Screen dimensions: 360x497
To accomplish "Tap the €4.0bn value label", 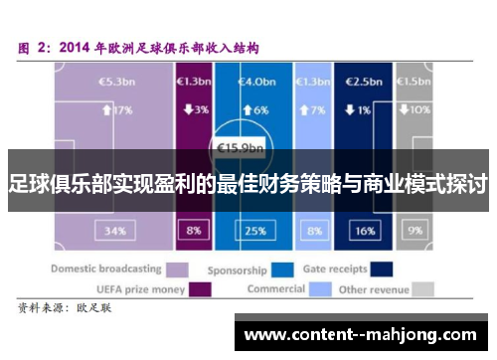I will tap(253, 81).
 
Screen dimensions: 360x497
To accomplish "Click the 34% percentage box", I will tap(115, 231).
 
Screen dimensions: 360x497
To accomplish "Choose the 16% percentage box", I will tap(365, 231).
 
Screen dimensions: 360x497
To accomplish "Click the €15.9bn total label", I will tap(242, 151).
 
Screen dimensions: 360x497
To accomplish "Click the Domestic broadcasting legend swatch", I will tap(177, 269).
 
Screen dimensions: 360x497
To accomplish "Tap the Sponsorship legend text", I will tap(237, 269).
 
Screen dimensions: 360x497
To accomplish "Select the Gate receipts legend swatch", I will tap(380, 269).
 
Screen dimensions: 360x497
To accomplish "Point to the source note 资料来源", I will tap(42, 309).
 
